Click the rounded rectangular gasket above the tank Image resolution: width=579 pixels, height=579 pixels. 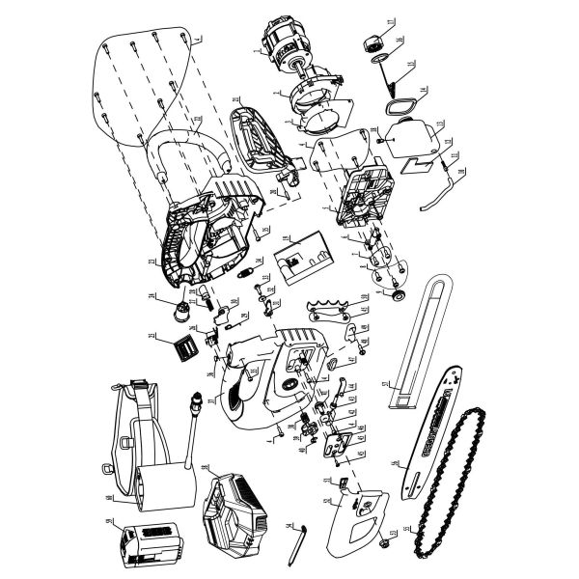click(x=399, y=103)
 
